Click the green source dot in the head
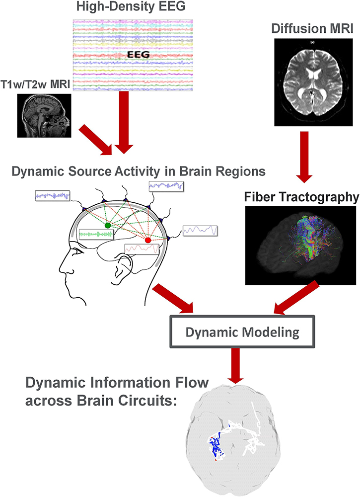(x=107, y=225)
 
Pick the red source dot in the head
(x=147, y=241)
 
